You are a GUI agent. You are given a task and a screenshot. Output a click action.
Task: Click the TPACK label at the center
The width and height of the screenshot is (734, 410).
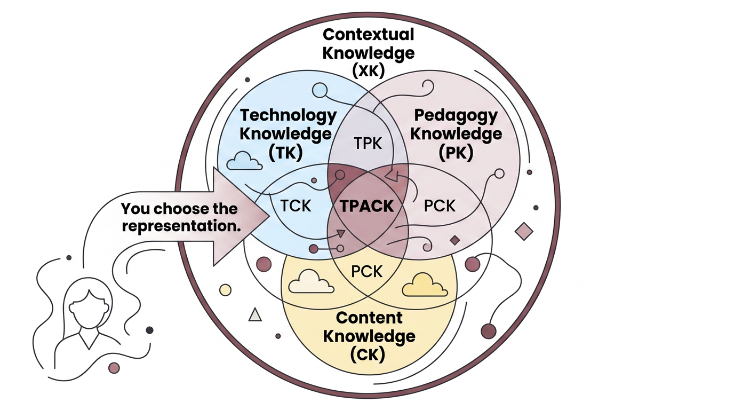pyautogui.click(x=367, y=206)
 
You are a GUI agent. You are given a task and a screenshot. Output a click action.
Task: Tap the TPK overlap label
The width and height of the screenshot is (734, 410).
pyautogui.click(x=368, y=143)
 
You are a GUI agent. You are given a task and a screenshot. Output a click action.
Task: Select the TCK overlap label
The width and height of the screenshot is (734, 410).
pyautogui.click(x=296, y=206)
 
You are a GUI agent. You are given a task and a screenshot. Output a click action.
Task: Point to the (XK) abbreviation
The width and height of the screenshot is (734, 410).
pyautogui.click(x=368, y=70)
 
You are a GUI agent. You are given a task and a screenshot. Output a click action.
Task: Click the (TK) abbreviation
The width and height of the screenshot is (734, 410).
pyautogui.click(x=286, y=152)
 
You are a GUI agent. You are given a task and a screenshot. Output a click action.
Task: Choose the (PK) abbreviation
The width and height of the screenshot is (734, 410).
pyautogui.click(x=456, y=152)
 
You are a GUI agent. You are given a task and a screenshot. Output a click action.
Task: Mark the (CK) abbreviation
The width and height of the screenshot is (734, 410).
pyautogui.click(x=368, y=354)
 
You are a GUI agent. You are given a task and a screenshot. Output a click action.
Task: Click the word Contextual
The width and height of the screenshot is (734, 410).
pyautogui.click(x=368, y=35)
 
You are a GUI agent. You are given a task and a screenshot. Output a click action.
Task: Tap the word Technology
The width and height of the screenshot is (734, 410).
pyautogui.click(x=288, y=115)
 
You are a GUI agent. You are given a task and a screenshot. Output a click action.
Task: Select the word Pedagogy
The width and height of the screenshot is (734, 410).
pyautogui.click(x=456, y=115)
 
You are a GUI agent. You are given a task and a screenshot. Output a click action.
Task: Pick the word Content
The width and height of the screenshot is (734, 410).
pyautogui.click(x=369, y=318)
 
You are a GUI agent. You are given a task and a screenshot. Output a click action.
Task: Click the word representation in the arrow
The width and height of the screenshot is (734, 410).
pyautogui.click(x=179, y=225)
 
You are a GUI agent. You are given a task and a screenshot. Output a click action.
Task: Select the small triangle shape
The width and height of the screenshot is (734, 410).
pyautogui.click(x=256, y=315)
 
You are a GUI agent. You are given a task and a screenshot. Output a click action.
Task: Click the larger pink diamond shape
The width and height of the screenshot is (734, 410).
pyautogui.click(x=524, y=231)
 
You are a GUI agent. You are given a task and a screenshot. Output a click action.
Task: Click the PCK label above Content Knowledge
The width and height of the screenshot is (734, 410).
pyautogui.click(x=367, y=271)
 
